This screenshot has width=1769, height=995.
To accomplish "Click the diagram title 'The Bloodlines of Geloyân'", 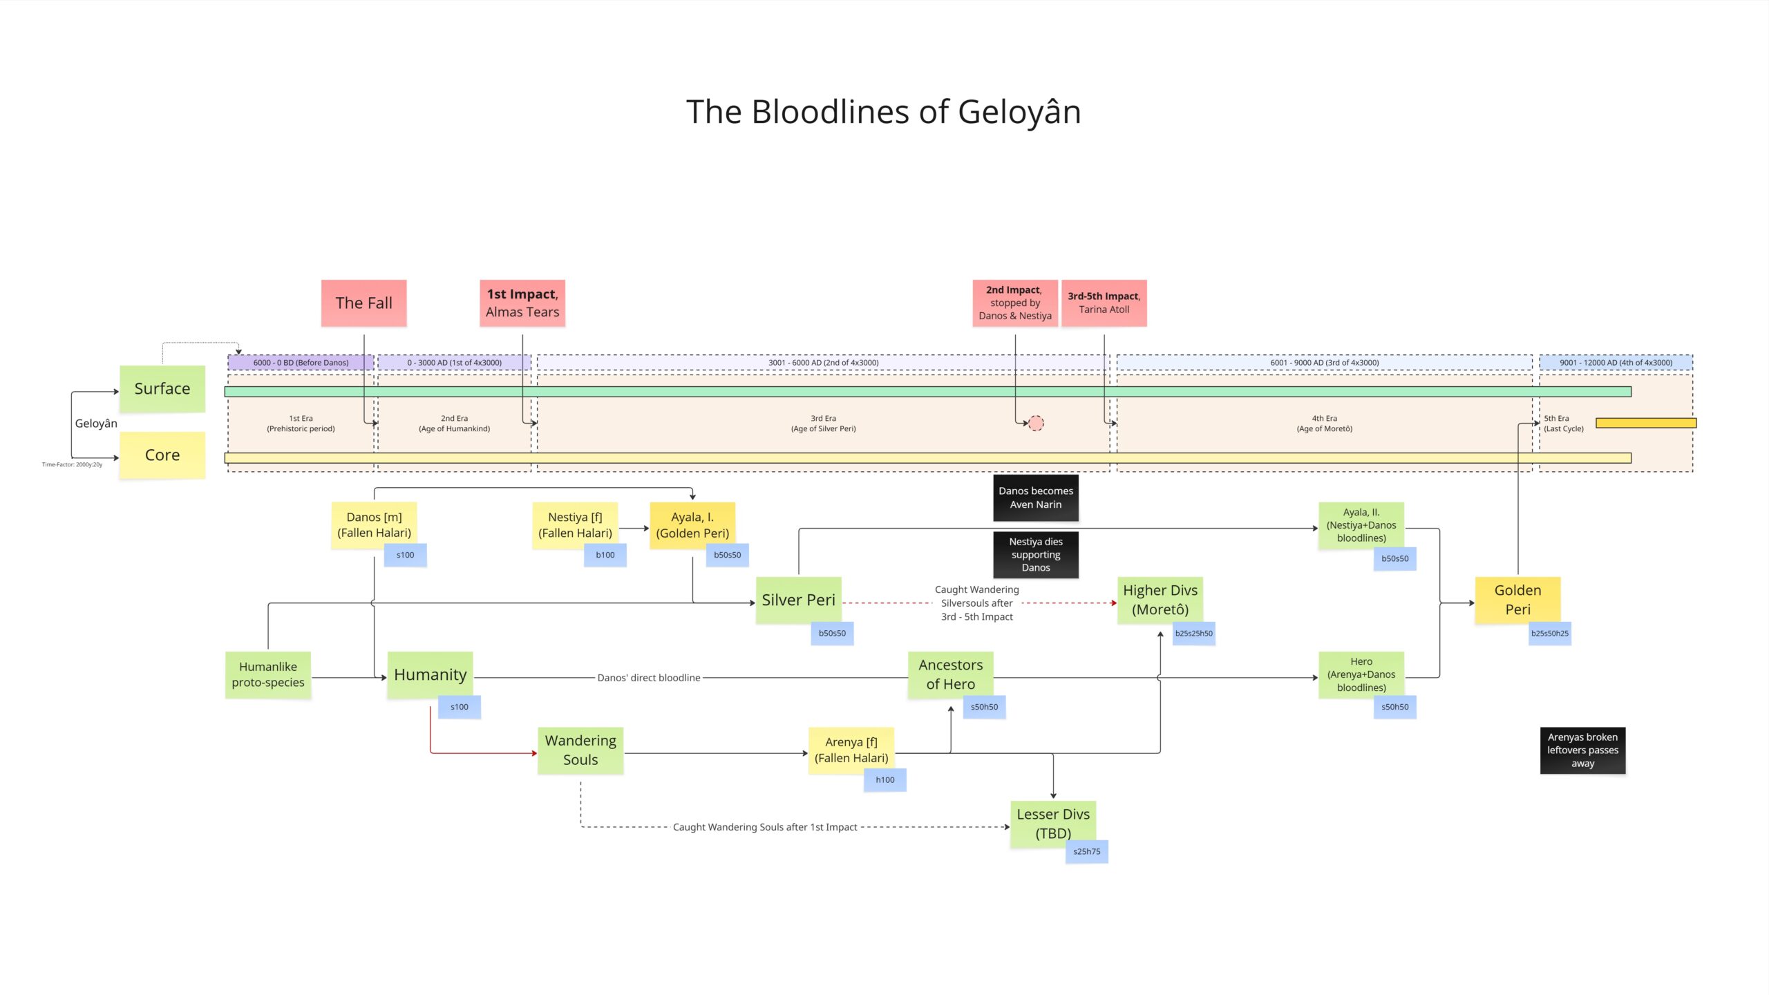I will [x=883, y=112].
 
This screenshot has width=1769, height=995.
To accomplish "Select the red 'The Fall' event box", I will [x=363, y=303].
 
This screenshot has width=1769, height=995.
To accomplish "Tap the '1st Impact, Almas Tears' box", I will [x=522, y=303].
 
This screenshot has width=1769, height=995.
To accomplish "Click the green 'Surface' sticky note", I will [x=162, y=388].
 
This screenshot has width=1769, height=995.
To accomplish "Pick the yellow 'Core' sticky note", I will [x=162, y=455].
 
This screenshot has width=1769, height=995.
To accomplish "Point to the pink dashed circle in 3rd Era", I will [x=1036, y=423].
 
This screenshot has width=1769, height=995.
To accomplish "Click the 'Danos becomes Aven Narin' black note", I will [x=1036, y=497].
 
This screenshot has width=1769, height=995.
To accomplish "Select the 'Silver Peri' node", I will [x=798, y=600].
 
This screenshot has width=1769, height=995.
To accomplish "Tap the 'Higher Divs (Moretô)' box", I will [x=1160, y=600].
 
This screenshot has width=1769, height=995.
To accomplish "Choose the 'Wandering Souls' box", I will [x=580, y=750].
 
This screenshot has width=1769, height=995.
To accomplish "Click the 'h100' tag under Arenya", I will [x=884, y=779].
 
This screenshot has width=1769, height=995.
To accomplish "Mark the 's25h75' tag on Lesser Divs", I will [x=1086, y=851].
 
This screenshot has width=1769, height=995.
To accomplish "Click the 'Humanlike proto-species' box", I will [x=268, y=674].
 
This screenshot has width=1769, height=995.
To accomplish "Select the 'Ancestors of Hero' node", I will [x=950, y=674].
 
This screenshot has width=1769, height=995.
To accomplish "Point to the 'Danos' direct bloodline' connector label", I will [x=648, y=678].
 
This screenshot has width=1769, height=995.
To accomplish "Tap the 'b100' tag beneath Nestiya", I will [x=605, y=555].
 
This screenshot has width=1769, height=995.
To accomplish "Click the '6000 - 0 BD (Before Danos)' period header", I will [x=301, y=362].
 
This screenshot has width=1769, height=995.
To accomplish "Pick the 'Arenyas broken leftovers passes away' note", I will [x=1582, y=750].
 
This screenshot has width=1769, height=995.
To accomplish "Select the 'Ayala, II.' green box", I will [x=1361, y=525].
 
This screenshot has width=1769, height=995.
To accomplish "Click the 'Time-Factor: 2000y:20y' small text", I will [x=72, y=464].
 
